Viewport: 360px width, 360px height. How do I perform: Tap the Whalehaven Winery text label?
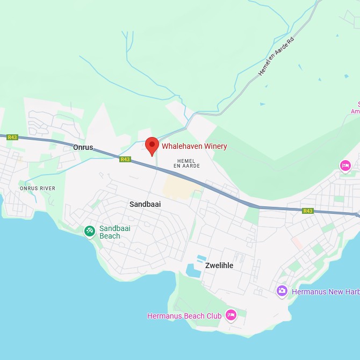coord(195,146)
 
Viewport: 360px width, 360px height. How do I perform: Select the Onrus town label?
coord(83,147)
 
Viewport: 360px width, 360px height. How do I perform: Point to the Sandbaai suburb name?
coord(145,204)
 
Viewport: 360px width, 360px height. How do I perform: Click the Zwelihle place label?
coord(219,265)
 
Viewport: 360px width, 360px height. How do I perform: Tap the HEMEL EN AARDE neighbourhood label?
coord(187,163)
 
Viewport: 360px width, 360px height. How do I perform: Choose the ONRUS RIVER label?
coord(38,188)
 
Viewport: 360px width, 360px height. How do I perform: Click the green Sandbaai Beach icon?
coord(90,231)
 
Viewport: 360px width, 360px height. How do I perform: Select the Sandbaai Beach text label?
coord(114,232)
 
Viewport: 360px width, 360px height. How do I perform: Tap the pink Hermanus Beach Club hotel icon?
coord(231,315)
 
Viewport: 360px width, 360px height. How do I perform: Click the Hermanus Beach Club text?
coord(184,316)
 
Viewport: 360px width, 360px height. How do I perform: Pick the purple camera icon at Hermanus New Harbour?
coord(282,291)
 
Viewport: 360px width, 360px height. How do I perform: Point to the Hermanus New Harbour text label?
coord(325,292)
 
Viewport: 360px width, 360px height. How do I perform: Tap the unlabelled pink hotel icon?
coord(345,165)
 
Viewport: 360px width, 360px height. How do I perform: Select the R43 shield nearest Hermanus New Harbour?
coord(308,211)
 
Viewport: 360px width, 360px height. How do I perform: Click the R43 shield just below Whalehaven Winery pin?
coord(125,159)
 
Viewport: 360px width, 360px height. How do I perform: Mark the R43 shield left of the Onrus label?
coord(12,138)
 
